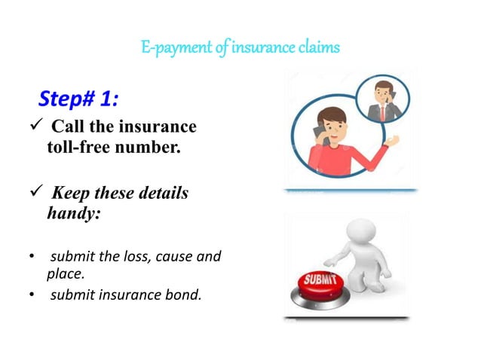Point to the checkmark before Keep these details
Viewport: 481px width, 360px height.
[23, 194]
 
